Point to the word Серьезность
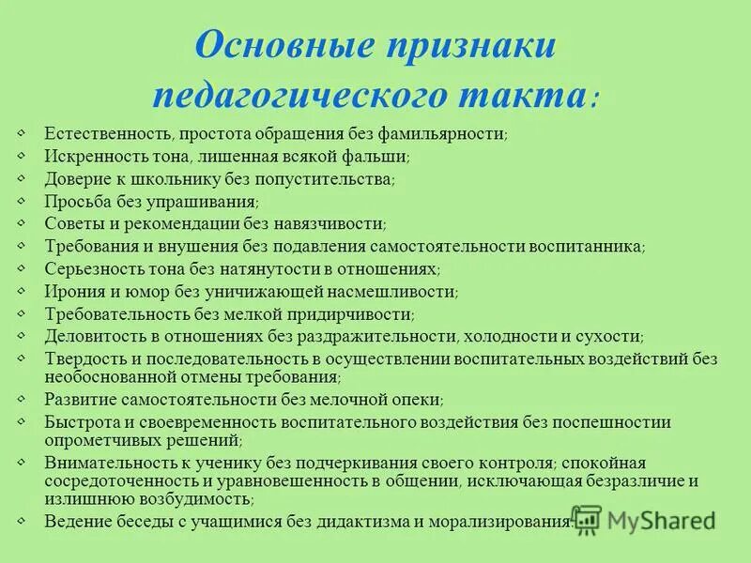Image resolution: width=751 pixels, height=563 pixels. (x=89, y=268)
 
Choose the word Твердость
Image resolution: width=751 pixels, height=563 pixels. (x=83, y=358)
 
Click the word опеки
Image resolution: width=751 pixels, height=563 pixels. (x=418, y=399)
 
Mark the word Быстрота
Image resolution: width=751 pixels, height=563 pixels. (x=80, y=421)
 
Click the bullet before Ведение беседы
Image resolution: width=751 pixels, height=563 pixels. (x=22, y=520)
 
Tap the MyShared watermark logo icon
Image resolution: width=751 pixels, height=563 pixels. (x=587, y=520)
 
